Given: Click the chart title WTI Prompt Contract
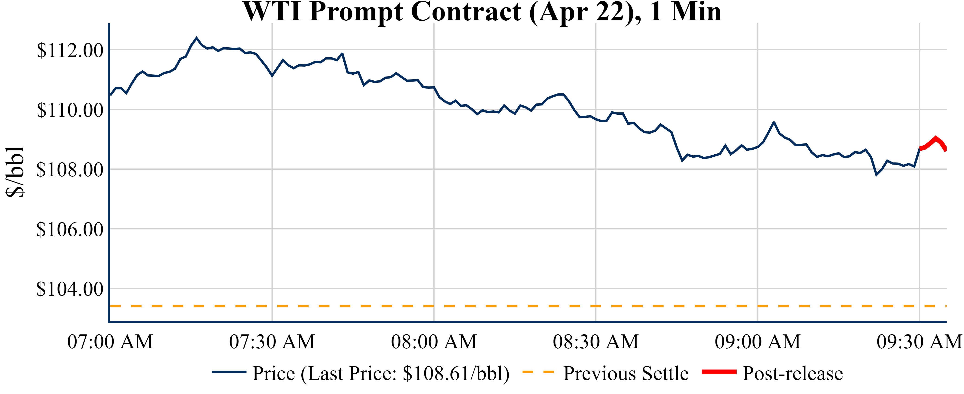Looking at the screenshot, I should click(482, 12).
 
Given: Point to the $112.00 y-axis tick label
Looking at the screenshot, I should click(70, 51).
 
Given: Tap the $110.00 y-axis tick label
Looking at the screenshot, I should click(70, 110).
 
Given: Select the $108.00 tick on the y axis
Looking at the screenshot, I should click(70, 170).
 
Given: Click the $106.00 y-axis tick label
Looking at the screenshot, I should click(70, 229).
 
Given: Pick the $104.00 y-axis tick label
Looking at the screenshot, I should click(70, 289).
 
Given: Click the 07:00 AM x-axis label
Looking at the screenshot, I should click(110, 342).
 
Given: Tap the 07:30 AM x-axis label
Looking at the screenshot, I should click(272, 342).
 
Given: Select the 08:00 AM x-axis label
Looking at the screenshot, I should click(434, 342).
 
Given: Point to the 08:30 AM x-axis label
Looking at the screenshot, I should click(596, 342).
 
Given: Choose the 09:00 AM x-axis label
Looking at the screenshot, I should click(758, 342).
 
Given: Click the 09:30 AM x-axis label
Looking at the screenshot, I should click(919, 342).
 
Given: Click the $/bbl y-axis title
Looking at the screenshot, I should click(15, 172).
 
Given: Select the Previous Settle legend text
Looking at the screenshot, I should click(626, 373).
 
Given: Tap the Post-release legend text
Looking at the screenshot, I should click(793, 373).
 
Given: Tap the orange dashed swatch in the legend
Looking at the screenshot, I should click(538, 372).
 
